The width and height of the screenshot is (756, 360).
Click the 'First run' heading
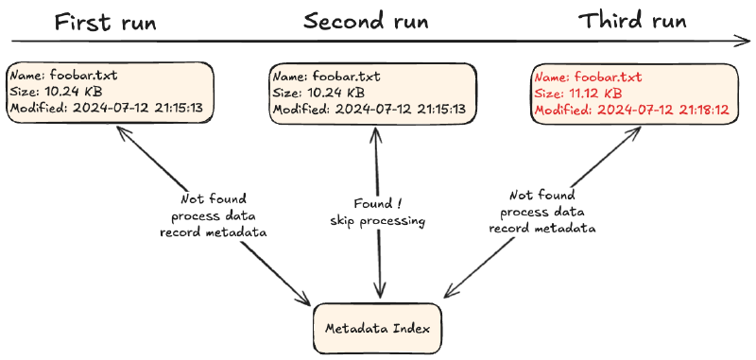pos(106,23)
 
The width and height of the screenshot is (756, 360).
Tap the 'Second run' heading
pos(366,22)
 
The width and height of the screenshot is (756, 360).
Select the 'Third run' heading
pos(632,21)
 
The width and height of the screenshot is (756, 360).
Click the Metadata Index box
pos(377,328)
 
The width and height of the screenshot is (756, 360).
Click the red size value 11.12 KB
pos(597,93)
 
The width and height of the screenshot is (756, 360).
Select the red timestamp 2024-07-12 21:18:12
pos(663,110)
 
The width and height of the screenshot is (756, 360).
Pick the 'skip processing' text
pos(377,221)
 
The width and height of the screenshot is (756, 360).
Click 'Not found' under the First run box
pos(214,198)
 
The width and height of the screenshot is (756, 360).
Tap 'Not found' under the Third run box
pos(542,196)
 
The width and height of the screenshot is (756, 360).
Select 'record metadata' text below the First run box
pos(214,232)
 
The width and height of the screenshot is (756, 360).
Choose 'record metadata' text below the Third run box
pos(542,228)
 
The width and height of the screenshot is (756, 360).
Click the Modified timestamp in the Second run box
pos(400,109)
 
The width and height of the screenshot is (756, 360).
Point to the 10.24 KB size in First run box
pos(74,92)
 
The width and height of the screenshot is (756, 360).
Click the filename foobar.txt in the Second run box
pos(346,77)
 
